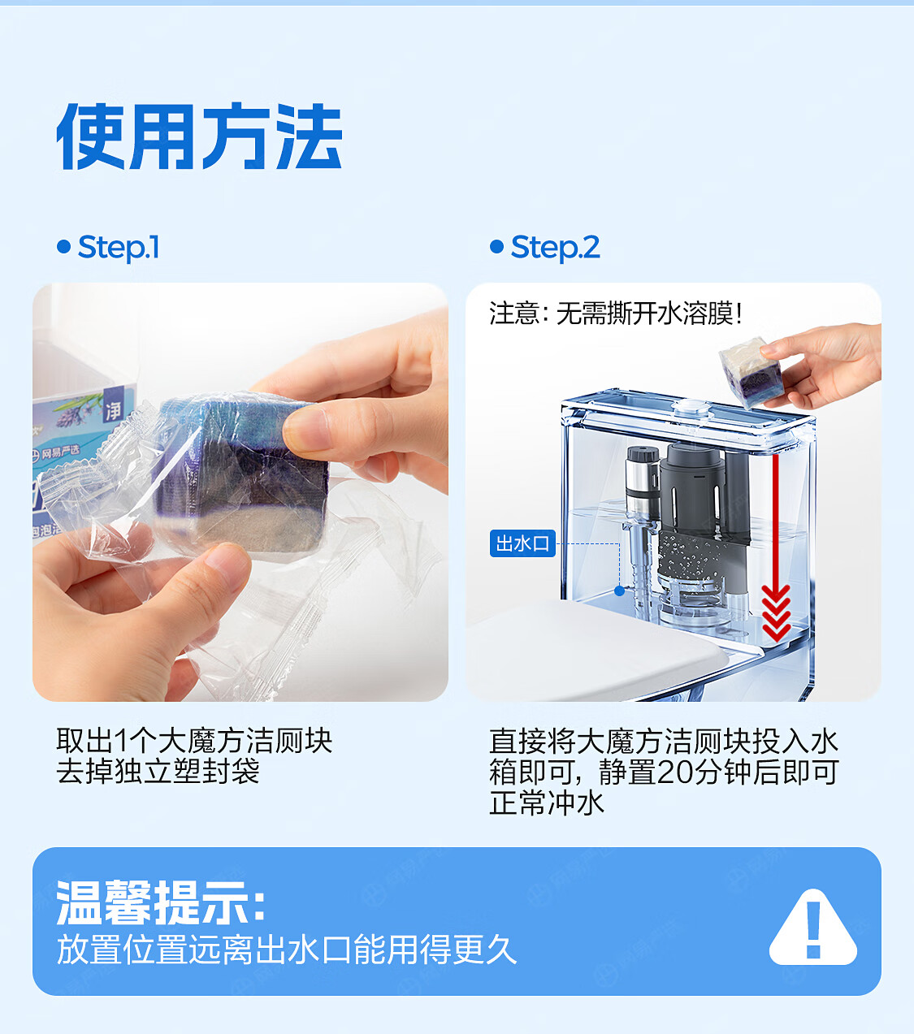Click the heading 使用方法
click(199, 136)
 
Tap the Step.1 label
click(119, 248)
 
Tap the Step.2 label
click(555, 248)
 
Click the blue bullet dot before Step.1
click(64, 247)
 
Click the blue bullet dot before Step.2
click(497, 247)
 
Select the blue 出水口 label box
click(522, 543)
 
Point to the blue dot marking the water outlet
click(619, 591)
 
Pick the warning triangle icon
click(813, 927)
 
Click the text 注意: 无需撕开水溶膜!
click(616, 313)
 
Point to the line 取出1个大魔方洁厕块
click(194, 740)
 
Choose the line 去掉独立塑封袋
click(158, 771)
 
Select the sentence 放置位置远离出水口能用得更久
click(287, 950)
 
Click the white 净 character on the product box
click(114, 410)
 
